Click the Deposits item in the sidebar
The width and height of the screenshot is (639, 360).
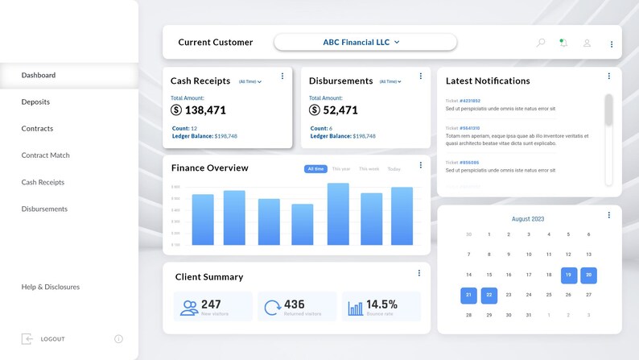(x=35, y=101)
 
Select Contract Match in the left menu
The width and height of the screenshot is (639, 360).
(x=45, y=155)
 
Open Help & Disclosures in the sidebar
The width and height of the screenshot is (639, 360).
(x=50, y=287)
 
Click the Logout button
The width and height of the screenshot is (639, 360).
(x=52, y=339)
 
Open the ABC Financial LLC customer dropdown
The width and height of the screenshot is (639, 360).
(x=365, y=42)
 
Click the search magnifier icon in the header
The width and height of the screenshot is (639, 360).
(x=541, y=43)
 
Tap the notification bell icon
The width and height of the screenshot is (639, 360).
(x=563, y=43)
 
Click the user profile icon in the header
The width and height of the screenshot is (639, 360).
(x=587, y=43)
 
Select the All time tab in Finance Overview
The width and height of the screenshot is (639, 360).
(x=315, y=169)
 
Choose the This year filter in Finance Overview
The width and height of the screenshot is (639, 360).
(x=341, y=169)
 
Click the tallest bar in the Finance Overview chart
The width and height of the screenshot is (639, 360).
(x=338, y=213)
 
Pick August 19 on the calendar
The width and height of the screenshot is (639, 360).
(x=569, y=275)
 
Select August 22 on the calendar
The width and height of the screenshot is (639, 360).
(x=489, y=295)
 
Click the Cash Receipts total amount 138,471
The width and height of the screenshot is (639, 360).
(x=205, y=110)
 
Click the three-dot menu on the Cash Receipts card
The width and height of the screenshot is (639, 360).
(x=282, y=77)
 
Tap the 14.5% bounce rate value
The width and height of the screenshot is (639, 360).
(x=381, y=304)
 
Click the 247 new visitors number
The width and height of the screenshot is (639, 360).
(x=211, y=304)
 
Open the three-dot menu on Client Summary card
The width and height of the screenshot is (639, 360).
(x=419, y=274)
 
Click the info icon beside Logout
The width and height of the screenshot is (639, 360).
(x=118, y=339)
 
